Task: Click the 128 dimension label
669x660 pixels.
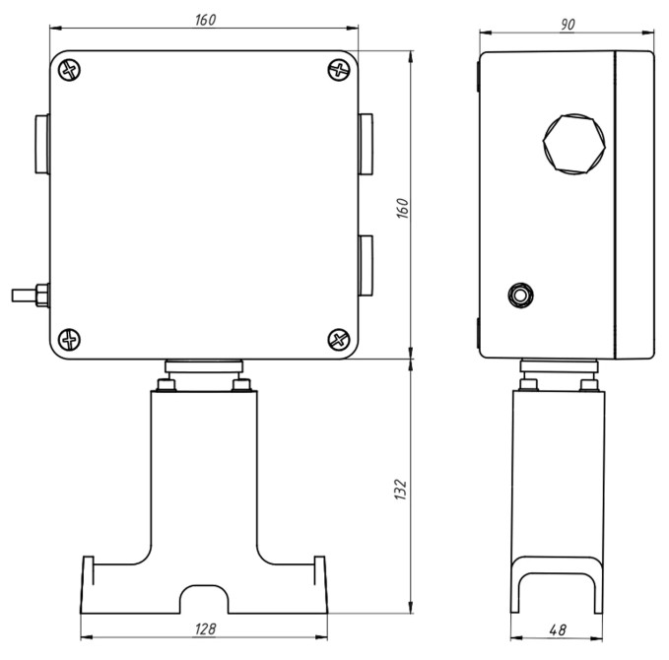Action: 205,628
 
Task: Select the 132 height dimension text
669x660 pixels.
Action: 401,490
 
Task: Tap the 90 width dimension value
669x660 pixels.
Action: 568,25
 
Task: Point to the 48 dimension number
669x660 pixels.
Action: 558,629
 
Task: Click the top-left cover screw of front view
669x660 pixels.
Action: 69,70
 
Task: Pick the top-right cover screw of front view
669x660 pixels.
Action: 339,70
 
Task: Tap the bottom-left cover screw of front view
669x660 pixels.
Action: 69,340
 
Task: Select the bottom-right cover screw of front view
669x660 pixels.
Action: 339,340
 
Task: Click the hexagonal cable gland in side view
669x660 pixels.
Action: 573,144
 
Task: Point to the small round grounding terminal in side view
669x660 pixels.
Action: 520,295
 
